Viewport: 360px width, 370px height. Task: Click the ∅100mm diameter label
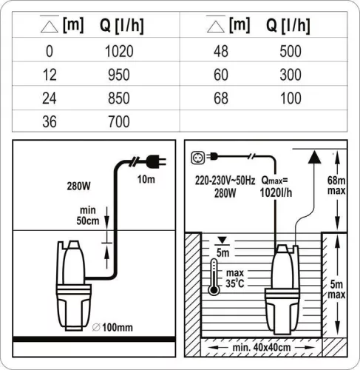(x=117, y=326)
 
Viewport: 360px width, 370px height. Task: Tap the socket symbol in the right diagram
(x=197, y=156)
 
